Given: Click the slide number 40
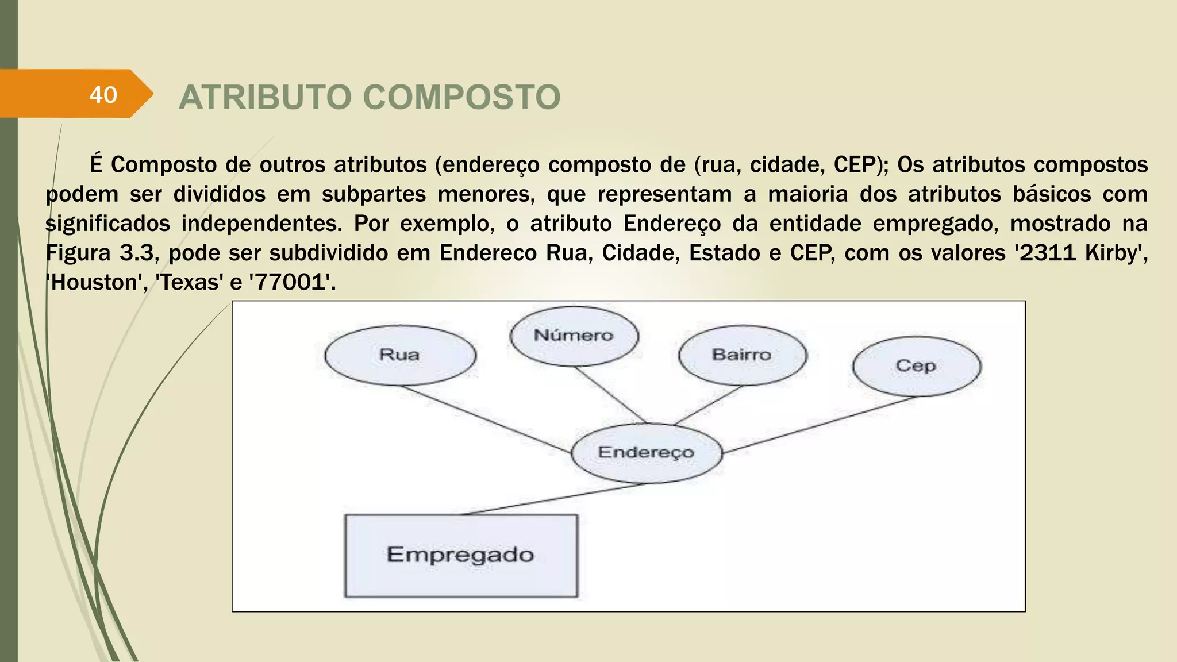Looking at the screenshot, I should [x=103, y=95].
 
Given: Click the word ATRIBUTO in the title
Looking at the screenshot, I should [x=265, y=97].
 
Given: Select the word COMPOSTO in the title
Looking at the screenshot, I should [x=462, y=97].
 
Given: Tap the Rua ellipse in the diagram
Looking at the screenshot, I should [x=400, y=355].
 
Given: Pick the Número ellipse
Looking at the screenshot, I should [x=574, y=336].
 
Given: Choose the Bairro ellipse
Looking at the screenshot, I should [x=742, y=355].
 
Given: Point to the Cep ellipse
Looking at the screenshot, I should [x=916, y=366].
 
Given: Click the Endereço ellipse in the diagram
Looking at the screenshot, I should [x=646, y=453].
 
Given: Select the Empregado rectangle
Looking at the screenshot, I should [x=461, y=555].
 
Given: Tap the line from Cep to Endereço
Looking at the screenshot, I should [x=819, y=425].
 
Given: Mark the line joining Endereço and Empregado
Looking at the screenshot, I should [x=555, y=499].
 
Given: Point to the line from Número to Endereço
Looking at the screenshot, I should [x=610, y=395].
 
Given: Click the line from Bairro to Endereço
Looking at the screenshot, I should [x=708, y=406].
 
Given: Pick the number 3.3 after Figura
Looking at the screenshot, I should [x=137, y=253].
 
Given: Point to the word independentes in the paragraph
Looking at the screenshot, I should [x=261, y=224].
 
